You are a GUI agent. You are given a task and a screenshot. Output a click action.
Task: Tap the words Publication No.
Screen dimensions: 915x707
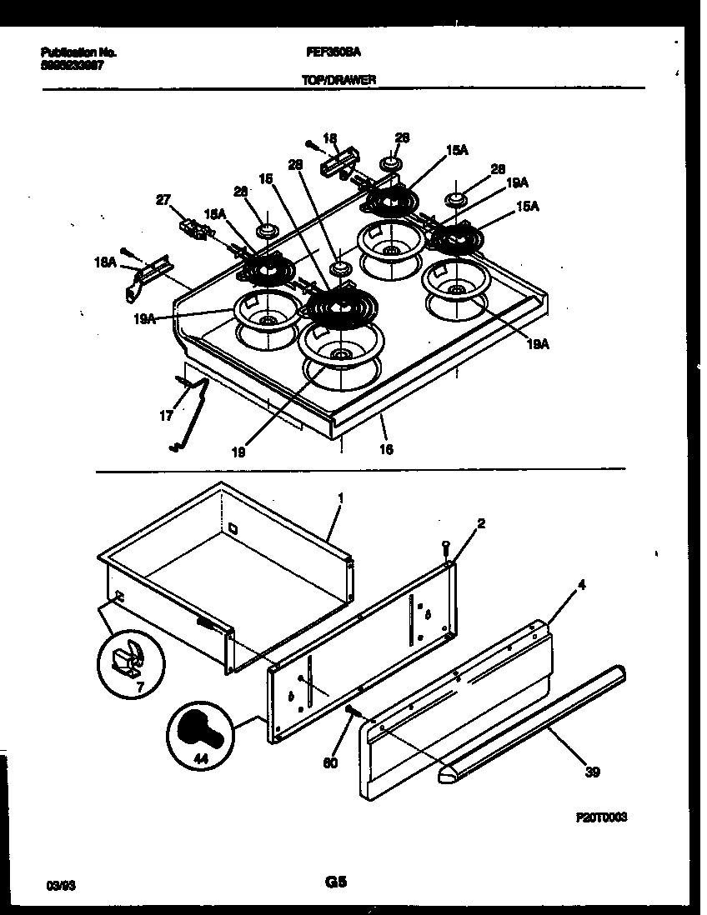click(78, 52)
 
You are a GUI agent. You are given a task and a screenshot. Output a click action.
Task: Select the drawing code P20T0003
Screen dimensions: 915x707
click(600, 819)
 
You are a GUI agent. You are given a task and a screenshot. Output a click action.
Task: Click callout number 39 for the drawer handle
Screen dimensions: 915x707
click(591, 772)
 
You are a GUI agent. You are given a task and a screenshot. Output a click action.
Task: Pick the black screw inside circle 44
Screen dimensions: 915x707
click(200, 734)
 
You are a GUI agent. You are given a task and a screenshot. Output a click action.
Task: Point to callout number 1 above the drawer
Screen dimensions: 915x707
click(340, 497)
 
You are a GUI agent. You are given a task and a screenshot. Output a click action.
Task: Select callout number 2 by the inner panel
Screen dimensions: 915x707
click(480, 523)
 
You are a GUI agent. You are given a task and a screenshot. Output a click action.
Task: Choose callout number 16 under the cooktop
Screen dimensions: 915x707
click(385, 450)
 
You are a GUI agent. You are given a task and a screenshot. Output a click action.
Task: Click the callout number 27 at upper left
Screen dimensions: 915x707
click(163, 200)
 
